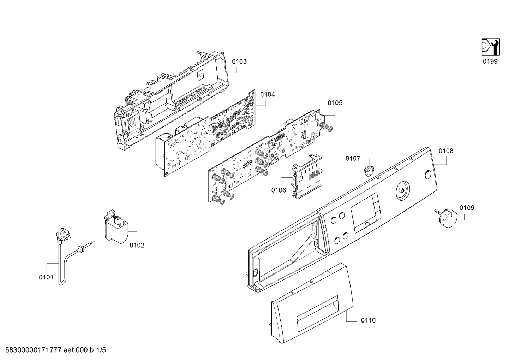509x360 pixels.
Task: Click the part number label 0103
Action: pyautogui.click(x=239, y=61)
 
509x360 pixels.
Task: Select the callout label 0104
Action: pyautogui.click(x=268, y=94)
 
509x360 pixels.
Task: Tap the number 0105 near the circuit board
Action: pyautogui.click(x=335, y=103)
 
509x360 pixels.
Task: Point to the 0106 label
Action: pyautogui.click(x=279, y=190)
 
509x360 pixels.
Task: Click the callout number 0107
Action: pyautogui.click(x=353, y=158)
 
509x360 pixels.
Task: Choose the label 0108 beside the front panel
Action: pyautogui.click(x=446, y=151)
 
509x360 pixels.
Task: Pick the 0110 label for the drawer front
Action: pyautogui.click(x=369, y=320)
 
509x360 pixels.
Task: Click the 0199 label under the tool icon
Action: pyautogui.click(x=490, y=61)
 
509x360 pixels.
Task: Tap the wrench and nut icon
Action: pyautogui.click(x=491, y=47)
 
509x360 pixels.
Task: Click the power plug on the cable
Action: pyautogui.click(x=62, y=235)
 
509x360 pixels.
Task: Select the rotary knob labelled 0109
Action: pyautogui.click(x=446, y=218)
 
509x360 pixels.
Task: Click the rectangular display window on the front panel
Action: pyautogui.click(x=366, y=213)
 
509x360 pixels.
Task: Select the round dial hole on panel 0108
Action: pyautogui.click(x=403, y=191)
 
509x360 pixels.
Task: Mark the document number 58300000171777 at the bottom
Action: pyautogui.click(x=33, y=350)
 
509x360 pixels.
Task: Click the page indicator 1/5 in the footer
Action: pyautogui.click(x=101, y=350)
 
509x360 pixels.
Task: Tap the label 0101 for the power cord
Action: pyautogui.click(x=46, y=277)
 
